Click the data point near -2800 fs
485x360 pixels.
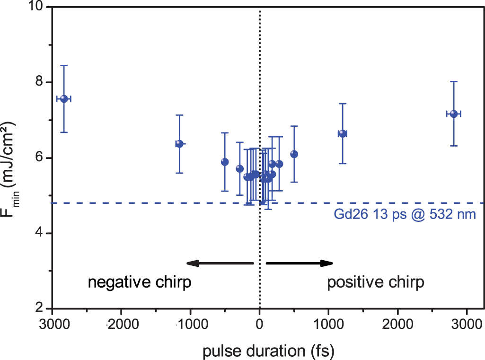[x=64, y=98]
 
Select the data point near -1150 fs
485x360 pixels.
[x=179, y=144]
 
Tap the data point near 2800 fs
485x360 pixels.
[x=454, y=114]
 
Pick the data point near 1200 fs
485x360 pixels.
[x=343, y=133]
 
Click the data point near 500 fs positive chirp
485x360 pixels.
[x=294, y=154]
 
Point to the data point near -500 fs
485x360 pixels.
[x=225, y=162]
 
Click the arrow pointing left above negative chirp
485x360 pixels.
[x=220, y=263]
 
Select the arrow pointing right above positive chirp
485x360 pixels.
[x=300, y=263]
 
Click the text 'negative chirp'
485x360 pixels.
[x=140, y=283]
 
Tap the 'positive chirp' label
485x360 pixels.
[x=376, y=283]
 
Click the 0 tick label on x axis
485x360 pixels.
[x=259, y=324]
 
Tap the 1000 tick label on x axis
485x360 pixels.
[x=328, y=324]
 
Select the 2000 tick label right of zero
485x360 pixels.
[x=397, y=324]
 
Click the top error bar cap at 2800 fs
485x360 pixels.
[x=454, y=81]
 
